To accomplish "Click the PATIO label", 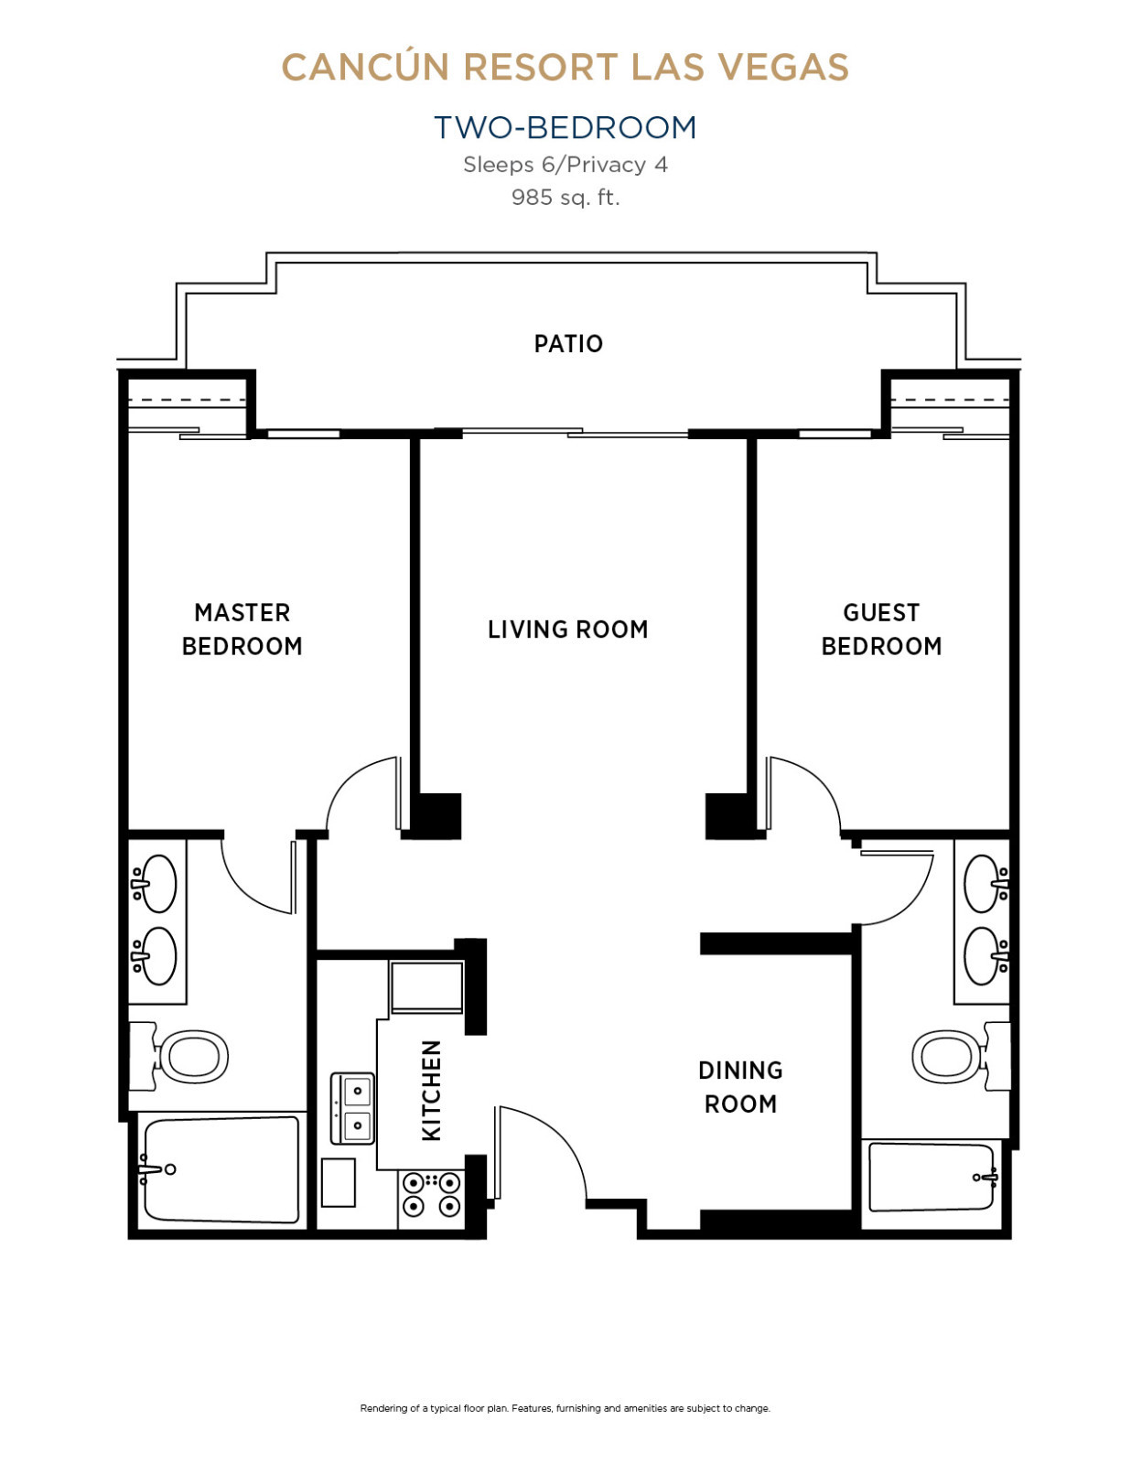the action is tap(568, 344).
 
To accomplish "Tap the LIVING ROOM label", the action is tap(568, 630).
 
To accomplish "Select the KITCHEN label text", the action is tap(431, 1091).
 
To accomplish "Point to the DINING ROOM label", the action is tap(740, 1087).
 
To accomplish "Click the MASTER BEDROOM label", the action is tap(242, 630).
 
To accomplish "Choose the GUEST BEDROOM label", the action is tap(881, 630).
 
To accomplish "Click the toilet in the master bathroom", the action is tap(178, 1056).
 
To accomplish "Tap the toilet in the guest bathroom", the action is tap(961, 1056).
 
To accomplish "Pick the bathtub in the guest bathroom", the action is tap(932, 1177).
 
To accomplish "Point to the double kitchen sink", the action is tap(352, 1108).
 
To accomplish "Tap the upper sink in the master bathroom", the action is tap(155, 883).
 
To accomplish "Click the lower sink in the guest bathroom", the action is tap(986, 956).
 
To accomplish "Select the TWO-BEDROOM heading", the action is tap(565, 127).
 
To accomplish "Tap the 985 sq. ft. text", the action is tap(565, 198).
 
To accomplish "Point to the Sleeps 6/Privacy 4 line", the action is tap(565, 165).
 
